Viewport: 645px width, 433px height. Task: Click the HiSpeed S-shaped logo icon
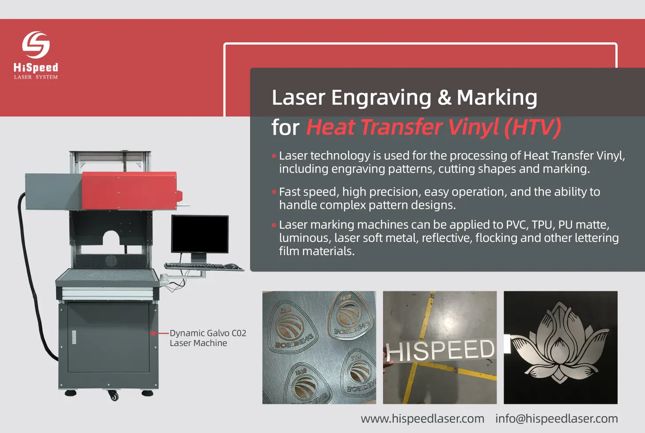36,45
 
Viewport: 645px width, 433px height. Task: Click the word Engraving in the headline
381,98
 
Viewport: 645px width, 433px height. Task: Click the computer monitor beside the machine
200,234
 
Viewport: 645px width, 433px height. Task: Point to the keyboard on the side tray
196,266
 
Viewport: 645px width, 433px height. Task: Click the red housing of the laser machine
129,191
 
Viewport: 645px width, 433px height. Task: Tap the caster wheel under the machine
114,395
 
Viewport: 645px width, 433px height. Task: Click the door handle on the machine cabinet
74,337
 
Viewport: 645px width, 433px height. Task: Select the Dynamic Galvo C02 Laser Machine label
208,338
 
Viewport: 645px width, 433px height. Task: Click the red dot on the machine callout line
153,333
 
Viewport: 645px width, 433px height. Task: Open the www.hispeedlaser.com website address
422,418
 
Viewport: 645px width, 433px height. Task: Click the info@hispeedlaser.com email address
557,418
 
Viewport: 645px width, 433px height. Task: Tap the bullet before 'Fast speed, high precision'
274,192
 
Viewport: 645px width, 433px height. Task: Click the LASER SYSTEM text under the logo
36,77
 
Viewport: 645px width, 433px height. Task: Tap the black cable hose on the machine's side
32,273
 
